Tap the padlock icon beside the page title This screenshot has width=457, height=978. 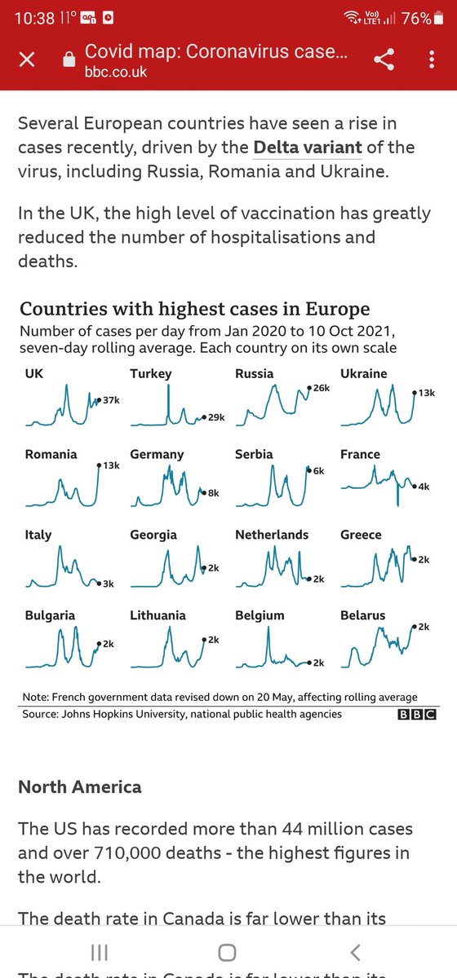[x=69, y=60]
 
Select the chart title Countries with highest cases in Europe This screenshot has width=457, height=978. [x=194, y=309]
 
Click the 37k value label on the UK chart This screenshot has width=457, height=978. [x=110, y=400]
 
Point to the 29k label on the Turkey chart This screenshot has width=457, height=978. [x=215, y=416]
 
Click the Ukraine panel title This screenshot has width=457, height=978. [x=363, y=373]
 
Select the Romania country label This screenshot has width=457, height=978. [x=51, y=454]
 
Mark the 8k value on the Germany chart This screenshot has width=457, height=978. [x=213, y=493]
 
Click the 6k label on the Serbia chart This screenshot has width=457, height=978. [x=319, y=470]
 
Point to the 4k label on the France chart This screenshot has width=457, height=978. [x=424, y=487]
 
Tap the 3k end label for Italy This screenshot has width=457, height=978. [x=108, y=584]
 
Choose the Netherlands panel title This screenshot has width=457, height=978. [x=272, y=535]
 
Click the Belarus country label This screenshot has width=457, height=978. [x=362, y=615]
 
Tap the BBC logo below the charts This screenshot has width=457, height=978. [x=416, y=715]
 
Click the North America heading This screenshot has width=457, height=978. [x=79, y=786]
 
